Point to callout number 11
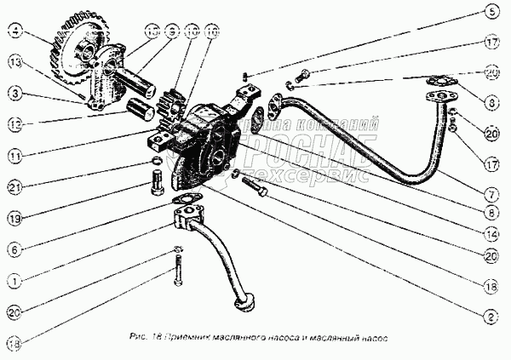[15, 156]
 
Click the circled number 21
[15, 186]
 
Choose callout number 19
[15, 217]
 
